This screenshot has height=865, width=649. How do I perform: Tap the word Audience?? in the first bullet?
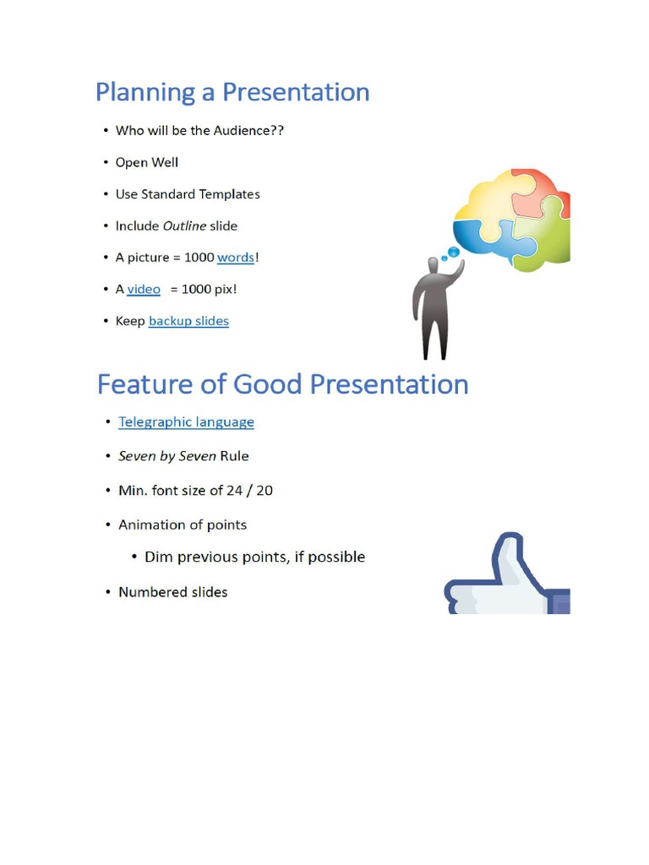click(248, 131)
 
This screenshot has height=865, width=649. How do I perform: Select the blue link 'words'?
click(235, 258)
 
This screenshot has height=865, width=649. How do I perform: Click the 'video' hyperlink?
click(144, 289)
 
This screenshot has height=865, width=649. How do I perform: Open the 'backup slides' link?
click(188, 321)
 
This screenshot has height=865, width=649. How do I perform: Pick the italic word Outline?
click(184, 226)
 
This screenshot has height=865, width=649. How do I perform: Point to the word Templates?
click(230, 194)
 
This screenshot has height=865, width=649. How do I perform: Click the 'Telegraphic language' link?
click(186, 422)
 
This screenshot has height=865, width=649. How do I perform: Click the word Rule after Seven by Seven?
click(234, 456)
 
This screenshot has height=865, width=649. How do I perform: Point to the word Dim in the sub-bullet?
click(158, 558)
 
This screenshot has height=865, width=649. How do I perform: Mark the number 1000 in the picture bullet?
click(199, 258)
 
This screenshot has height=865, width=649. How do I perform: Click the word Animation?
click(151, 525)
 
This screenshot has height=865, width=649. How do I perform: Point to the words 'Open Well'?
click(147, 162)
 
